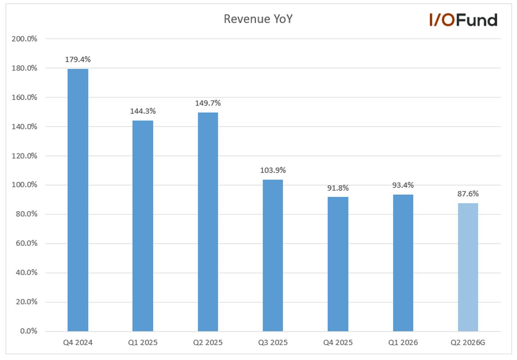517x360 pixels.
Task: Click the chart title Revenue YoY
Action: [258, 19]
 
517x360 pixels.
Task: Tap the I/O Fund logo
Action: [463, 20]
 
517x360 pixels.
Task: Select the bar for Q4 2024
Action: [78, 200]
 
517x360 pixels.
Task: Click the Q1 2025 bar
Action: [143, 226]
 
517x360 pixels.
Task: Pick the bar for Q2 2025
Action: [208, 222]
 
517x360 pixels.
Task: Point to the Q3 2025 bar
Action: [273, 255]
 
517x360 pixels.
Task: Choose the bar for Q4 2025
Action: [338, 264]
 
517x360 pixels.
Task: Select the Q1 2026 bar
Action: [403, 263]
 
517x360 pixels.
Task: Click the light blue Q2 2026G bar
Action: [468, 267]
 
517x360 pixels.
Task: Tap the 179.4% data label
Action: [78, 60]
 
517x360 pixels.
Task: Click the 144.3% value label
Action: [143, 111]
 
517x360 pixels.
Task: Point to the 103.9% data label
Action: [273, 170]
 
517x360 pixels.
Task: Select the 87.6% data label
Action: [468, 194]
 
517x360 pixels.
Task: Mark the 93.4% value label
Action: [403, 185]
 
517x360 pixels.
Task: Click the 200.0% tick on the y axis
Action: [24, 39]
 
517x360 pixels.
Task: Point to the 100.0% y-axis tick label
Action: [24, 185]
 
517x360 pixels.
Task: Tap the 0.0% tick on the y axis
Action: [29, 331]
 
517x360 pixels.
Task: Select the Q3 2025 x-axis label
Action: [273, 342]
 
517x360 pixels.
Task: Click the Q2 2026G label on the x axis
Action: [468, 342]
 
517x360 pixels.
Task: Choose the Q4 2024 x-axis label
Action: [78, 342]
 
